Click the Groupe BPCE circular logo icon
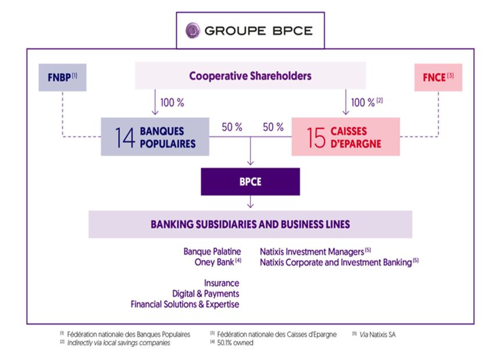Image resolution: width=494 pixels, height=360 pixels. click(x=192, y=30)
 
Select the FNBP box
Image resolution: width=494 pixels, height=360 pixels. click(x=62, y=77)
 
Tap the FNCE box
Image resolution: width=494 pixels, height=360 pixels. click(x=438, y=77)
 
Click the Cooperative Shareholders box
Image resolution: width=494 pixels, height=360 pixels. click(x=250, y=76)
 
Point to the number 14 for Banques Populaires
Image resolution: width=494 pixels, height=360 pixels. click(x=124, y=137)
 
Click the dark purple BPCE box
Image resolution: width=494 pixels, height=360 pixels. click(x=250, y=181)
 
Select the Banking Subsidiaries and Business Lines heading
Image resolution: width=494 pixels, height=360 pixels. click(x=250, y=224)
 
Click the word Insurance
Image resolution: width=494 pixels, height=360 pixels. click(x=221, y=284)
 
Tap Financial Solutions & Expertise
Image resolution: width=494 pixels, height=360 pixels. click(x=185, y=304)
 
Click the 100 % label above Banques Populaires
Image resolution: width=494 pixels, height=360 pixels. click(x=173, y=102)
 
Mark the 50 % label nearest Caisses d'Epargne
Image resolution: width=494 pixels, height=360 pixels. click(x=273, y=127)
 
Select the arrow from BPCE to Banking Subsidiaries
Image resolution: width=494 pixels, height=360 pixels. click(x=250, y=202)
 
